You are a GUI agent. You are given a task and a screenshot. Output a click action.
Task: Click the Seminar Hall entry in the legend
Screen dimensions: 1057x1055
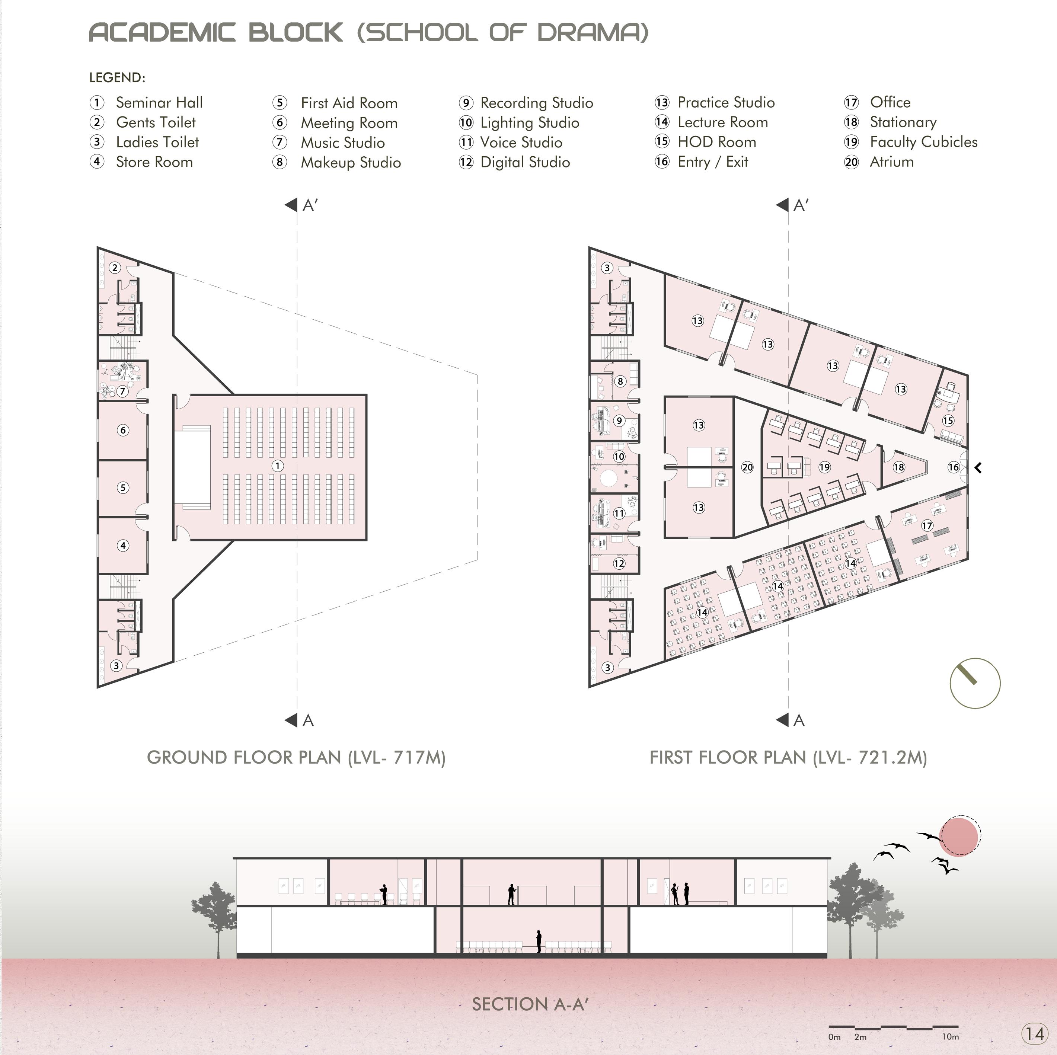159,103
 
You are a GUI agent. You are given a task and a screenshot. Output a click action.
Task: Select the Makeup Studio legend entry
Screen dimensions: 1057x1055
350,162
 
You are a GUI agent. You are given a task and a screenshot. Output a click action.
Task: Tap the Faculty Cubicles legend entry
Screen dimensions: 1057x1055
923,142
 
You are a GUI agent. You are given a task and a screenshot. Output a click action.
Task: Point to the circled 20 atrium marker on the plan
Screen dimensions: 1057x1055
747,467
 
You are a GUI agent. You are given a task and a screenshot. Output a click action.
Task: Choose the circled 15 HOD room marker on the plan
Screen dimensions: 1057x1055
948,421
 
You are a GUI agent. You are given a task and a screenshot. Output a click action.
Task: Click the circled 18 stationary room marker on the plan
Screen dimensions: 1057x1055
899,467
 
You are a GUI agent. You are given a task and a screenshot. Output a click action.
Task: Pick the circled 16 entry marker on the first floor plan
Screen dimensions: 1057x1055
954,467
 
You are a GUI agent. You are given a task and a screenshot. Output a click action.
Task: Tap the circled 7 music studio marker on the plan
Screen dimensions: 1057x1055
122,391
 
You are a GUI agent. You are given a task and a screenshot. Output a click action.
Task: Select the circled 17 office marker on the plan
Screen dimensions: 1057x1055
927,525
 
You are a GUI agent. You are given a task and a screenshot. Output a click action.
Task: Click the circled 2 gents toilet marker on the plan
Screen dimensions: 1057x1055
115,268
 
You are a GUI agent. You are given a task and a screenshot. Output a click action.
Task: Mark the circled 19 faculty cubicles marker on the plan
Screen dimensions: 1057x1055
824,467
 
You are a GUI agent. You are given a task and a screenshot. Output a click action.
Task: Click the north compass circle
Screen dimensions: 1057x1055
975,684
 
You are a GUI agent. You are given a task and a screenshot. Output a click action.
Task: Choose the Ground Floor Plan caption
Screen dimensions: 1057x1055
296,757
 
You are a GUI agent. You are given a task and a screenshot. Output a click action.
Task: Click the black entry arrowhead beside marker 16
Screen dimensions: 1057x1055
978,468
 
